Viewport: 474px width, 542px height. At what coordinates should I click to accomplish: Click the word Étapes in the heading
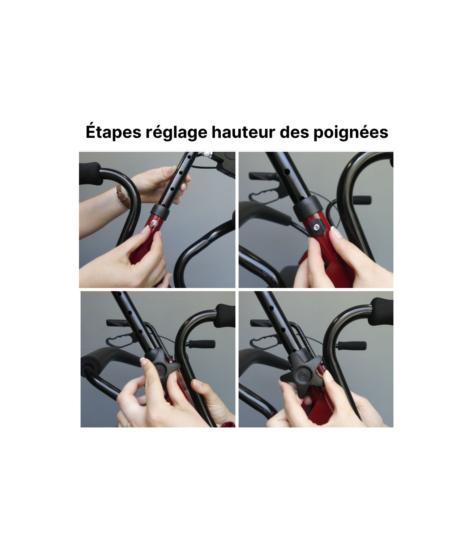point(113,132)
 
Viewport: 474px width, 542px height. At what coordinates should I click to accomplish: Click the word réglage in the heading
point(176,132)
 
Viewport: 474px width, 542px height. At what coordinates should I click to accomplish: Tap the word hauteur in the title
point(243,132)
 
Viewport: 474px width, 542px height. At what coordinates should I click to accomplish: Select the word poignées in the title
point(351,132)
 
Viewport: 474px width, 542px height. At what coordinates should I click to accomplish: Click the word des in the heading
point(294,132)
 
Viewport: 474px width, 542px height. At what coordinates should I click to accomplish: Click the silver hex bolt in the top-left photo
point(154,223)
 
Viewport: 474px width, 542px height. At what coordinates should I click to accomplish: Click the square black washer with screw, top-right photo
point(316,227)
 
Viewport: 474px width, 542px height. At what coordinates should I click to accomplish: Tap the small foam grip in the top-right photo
point(362,200)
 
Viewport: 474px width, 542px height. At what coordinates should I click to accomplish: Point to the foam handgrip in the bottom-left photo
point(224,316)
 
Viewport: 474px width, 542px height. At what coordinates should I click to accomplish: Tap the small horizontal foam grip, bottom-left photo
point(202,344)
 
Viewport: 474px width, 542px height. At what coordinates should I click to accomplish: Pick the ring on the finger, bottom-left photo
point(128,424)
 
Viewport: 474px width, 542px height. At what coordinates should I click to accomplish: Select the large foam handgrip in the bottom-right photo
point(381,312)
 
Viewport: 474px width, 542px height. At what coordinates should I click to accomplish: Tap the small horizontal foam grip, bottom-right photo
point(352,345)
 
